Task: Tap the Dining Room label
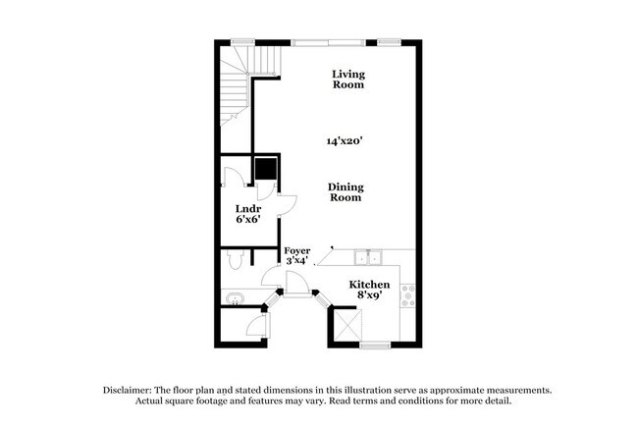pos(345,191)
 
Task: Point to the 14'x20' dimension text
pos(346,141)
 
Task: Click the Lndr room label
pos(247,208)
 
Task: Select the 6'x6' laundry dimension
pos(247,220)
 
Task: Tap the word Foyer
pos(297,250)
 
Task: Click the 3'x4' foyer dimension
pos(297,262)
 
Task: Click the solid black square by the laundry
pos(264,169)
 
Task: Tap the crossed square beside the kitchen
pos(346,323)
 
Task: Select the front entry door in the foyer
pos(296,282)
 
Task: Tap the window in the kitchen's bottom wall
pos(374,345)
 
